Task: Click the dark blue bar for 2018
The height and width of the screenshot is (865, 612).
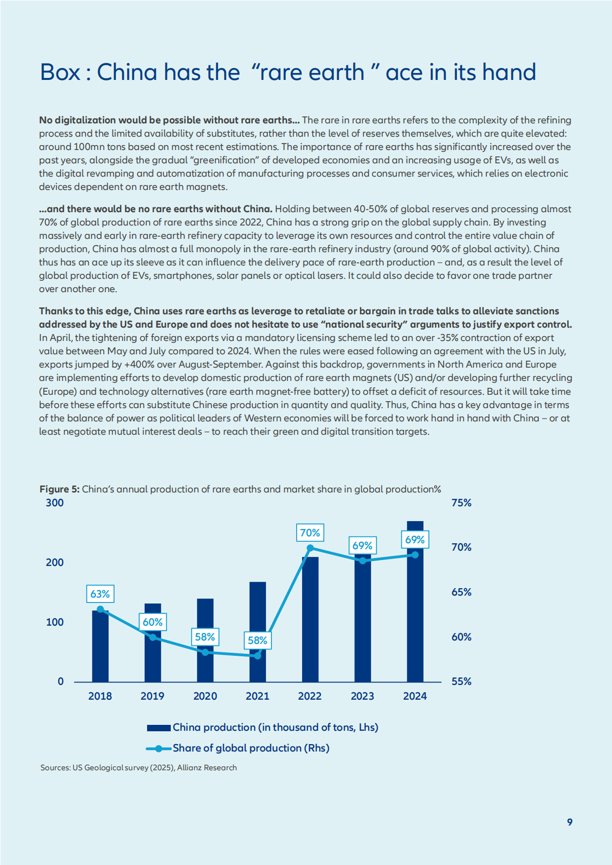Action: [100, 646]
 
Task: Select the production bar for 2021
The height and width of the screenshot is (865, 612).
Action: [258, 632]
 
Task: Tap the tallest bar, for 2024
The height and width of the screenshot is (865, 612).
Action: [415, 602]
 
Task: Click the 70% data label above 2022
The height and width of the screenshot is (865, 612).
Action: [310, 533]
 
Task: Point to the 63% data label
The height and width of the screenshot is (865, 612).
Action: [100, 594]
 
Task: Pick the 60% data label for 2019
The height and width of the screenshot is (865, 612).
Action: [153, 622]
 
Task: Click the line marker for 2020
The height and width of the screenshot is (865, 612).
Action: [205, 652]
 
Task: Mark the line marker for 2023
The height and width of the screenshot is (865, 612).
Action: [363, 561]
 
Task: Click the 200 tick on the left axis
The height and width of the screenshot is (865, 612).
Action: [55, 563]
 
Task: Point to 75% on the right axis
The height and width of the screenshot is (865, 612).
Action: [461, 503]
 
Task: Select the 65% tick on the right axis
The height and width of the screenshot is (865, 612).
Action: [461, 592]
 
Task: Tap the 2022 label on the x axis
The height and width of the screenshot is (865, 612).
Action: [310, 696]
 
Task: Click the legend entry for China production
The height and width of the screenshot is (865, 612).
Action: [263, 727]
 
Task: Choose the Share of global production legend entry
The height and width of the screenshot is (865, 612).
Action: [238, 748]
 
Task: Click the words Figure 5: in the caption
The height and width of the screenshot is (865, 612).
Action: [59, 489]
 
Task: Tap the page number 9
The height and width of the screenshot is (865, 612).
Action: [570, 822]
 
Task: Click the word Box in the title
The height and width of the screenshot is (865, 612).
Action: [60, 72]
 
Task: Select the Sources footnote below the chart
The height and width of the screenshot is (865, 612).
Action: [139, 768]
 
